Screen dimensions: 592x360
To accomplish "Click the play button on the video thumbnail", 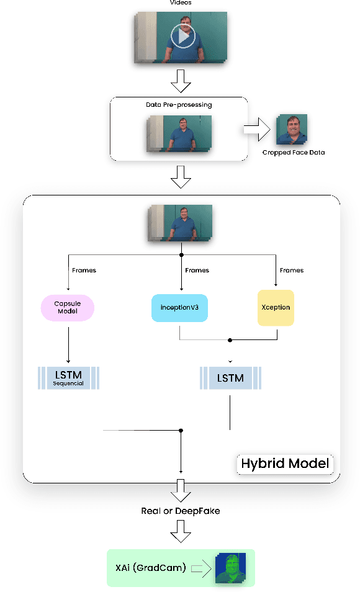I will pos(182,37).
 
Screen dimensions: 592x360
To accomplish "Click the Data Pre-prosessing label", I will pos(179,105).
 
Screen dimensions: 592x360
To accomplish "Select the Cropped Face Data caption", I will pos(294,153).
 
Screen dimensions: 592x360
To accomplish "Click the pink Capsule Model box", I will pos(67,307).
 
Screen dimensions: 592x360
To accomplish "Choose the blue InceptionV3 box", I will pos(179,307).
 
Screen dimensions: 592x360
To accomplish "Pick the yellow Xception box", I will pos(276,307).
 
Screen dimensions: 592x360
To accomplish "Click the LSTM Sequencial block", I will pos(68,377).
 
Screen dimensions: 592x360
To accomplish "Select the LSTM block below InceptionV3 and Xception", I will pos(230,377).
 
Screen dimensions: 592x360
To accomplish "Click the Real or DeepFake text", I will pos(179,511).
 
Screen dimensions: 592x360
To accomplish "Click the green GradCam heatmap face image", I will pos(230,568).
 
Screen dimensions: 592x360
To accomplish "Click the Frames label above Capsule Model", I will pos(84,270).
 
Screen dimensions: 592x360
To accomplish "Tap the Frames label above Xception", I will pos(292,270).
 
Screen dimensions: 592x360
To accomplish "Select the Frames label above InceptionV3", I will pos(197,270).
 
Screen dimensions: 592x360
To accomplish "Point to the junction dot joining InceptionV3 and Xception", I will pos(230,340).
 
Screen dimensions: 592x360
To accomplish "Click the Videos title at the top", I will pos(180,2).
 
